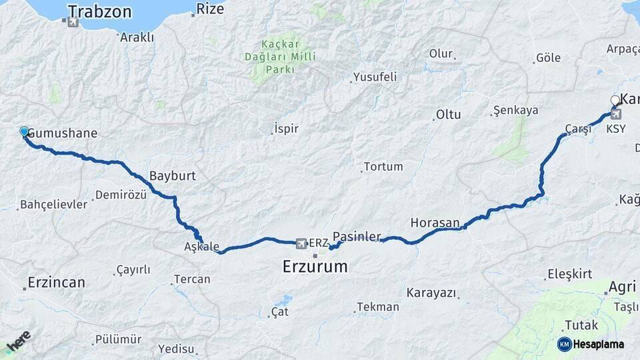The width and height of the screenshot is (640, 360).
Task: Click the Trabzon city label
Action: click(x=100, y=11)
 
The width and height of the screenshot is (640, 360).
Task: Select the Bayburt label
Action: click(x=173, y=176)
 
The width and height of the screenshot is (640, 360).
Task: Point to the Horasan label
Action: click(x=435, y=222)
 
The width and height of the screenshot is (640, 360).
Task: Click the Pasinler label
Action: click(x=357, y=237)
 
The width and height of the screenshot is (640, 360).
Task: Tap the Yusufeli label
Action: click(x=375, y=77)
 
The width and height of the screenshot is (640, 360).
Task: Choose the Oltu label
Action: click(x=448, y=115)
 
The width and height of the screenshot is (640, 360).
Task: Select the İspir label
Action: click(x=286, y=129)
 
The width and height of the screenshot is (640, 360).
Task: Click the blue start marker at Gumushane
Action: click(x=24, y=132)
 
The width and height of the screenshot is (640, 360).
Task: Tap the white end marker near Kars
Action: click(x=615, y=101)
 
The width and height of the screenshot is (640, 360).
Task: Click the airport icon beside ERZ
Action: click(x=301, y=243)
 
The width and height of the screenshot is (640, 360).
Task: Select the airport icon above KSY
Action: click(x=615, y=114)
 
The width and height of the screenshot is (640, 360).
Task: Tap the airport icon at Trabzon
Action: click(x=73, y=22)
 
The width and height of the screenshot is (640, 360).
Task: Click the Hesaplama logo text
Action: click(x=598, y=345)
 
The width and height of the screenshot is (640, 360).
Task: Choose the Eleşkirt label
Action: click(x=569, y=273)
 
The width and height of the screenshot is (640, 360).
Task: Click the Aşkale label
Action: click(x=201, y=247)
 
